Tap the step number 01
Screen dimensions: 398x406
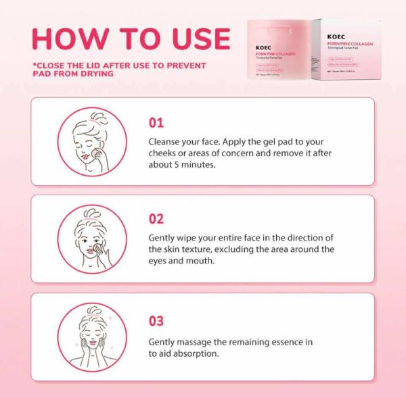pyautogui.click(x=156, y=123)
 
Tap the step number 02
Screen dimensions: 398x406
pyautogui.click(x=156, y=220)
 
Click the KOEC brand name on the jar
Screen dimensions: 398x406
pyautogui.click(x=265, y=48)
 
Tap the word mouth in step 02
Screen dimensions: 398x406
pyautogui.click(x=202, y=261)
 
